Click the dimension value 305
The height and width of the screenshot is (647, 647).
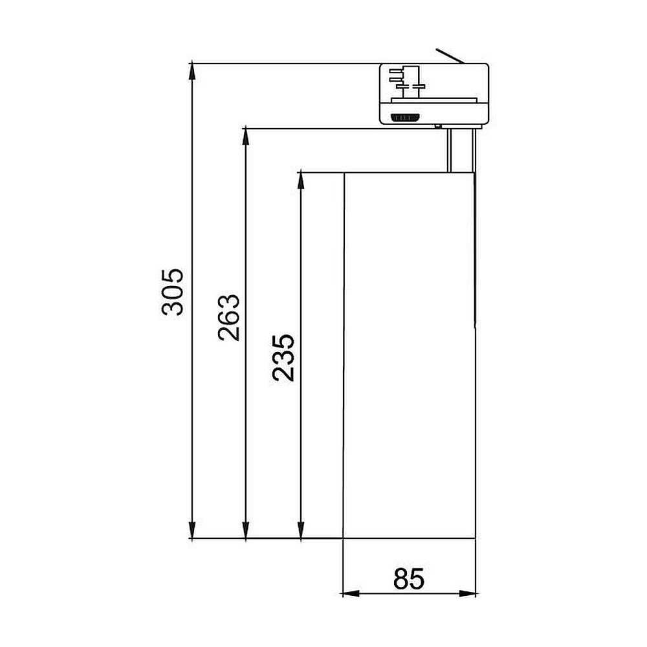[x=173, y=292]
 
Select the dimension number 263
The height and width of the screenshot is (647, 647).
[x=228, y=317]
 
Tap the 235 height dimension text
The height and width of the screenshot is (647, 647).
[x=283, y=357]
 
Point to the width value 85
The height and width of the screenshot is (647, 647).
[x=408, y=578]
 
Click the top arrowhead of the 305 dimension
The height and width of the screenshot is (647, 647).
[x=192, y=71]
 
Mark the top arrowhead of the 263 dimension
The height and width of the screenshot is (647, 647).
[x=245, y=137]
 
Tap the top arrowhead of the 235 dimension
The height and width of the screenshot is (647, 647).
[x=301, y=181]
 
